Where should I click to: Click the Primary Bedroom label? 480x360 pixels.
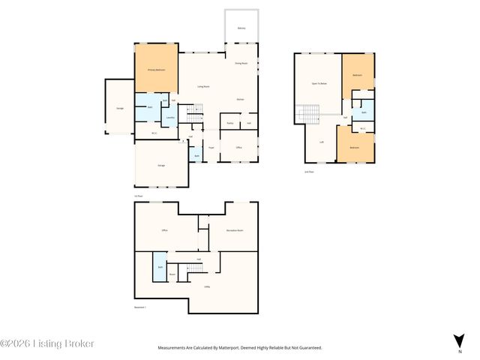click(x=155, y=70)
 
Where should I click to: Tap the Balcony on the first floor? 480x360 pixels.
click(x=241, y=28)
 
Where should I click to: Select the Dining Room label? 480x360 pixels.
click(x=241, y=63)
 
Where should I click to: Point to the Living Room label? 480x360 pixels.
click(x=202, y=87)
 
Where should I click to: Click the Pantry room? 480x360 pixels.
click(x=229, y=122)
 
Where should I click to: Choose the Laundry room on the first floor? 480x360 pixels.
click(x=170, y=117)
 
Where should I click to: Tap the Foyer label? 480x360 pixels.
click(x=211, y=148)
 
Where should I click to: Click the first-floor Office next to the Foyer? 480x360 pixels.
click(x=239, y=148)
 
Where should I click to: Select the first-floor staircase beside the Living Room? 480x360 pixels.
click(x=194, y=117)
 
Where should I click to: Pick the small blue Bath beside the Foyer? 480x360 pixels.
click(x=196, y=155)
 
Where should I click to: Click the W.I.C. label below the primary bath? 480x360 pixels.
click(x=154, y=133)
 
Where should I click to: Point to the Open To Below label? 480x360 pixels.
click(x=319, y=83)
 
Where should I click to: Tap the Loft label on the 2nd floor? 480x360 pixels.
click(x=321, y=141)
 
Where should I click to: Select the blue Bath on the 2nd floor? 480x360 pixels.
click(x=363, y=112)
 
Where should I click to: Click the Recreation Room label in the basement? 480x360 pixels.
click(x=235, y=230)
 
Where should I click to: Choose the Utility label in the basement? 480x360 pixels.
click(x=206, y=286)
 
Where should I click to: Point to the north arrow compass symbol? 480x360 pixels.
click(x=458, y=340)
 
